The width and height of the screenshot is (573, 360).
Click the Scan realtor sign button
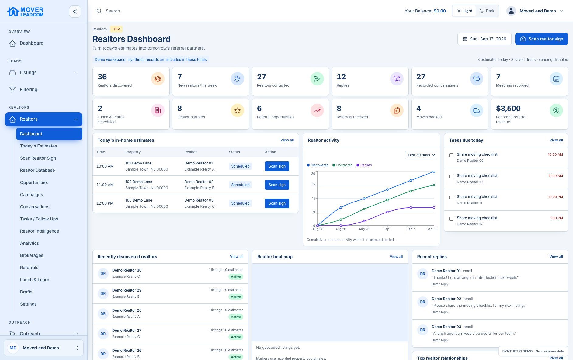(x=541, y=39)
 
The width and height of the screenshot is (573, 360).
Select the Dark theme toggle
(x=487, y=11)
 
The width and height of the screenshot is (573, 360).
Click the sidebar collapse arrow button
(x=75, y=12)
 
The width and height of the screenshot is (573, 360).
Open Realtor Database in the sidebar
(x=37, y=170)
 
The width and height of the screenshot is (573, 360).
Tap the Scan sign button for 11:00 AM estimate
(x=277, y=185)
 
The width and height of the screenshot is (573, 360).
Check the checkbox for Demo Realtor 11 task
(x=451, y=198)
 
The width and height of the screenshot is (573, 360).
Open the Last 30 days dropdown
(x=421, y=155)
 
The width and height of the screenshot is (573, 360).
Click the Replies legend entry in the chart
(x=364, y=165)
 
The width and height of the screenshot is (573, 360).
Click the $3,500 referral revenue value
(x=508, y=109)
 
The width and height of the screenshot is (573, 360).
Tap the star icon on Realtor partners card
(x=237, y=110)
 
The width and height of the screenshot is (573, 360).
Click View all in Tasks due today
(x=556, y=140)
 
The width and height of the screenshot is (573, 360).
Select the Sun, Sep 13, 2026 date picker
(x=484, y=39)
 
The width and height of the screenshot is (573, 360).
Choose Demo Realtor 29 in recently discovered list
(x=127, y=290)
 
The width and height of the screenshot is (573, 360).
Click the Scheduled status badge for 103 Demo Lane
(x=240, y=203)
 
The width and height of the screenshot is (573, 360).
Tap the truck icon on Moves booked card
(x=476, y=110)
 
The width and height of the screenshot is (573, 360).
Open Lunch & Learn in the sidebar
(x=35, y=280)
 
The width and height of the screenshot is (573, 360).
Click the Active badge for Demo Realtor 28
(x=236, y=317)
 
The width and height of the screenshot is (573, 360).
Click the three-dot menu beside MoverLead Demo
(x=77, y=348)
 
